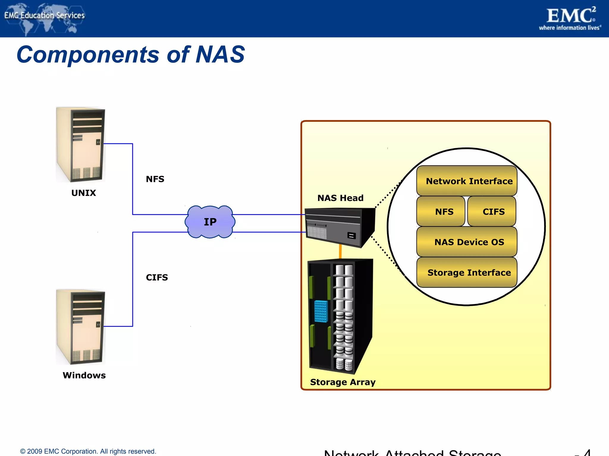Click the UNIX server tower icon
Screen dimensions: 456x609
pyautogui.click(x=81, y=145)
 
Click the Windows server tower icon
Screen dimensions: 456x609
pyautogui.click(x=81, y=327)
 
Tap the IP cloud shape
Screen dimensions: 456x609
pyautogui.click(x=210, y=222)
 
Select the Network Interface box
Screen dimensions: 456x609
pyautogui.click(x=467, y=181)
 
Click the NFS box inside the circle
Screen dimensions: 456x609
pyautogui.click(x=441, y=211)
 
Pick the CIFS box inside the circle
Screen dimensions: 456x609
pyautogui.click(x=492, y=211)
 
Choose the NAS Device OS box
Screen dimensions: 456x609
pyautogui.click(x=467, y=242)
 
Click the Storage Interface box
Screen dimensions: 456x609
pyautogui.click(x=467, y=272)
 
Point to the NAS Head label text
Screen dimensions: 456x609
pyautogui.click(x=340, y=198)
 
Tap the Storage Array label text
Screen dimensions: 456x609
pyautogui.click(x=343, y=382)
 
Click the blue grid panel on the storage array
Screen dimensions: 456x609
pyautogui.click(x=321, y=311)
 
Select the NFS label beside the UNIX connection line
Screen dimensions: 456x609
pyautogui.click(x=155, y=179)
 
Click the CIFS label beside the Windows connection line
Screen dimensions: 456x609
pyautogui.click(x=157, y=277)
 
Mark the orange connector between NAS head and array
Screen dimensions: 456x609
pyautogui.click(x=340, y=251)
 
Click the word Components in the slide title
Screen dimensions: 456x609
pyautogui.click(x=88, y=55)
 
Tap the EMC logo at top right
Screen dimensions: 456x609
pyautogui.click(x=570, y=18)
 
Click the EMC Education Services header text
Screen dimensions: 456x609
pyautogui.click(x=45, y=15)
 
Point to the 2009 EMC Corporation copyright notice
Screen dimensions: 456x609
pyautogui.click(x=88, y=451)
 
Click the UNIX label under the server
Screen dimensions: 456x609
pyautogui.click(x=84, y=193)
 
